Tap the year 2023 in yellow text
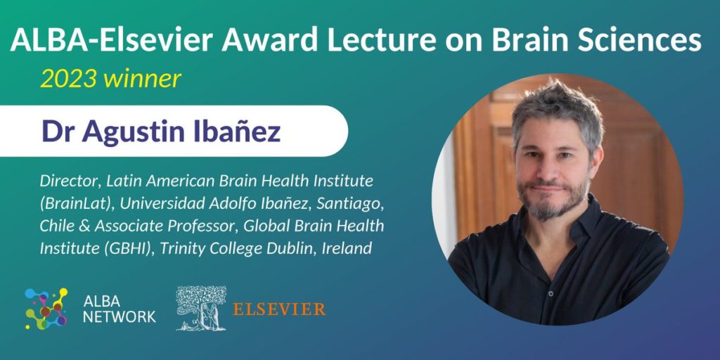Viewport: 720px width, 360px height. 68,79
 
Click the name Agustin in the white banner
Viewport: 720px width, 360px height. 138,131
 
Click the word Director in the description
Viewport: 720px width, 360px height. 70,181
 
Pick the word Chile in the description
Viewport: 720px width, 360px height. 53,226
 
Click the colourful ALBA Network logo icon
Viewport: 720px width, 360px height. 46,309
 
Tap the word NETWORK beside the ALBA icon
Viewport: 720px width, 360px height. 120,316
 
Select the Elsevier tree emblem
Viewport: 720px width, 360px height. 201,308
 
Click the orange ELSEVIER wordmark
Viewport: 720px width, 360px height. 279,309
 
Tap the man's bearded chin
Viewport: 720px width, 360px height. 551,209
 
